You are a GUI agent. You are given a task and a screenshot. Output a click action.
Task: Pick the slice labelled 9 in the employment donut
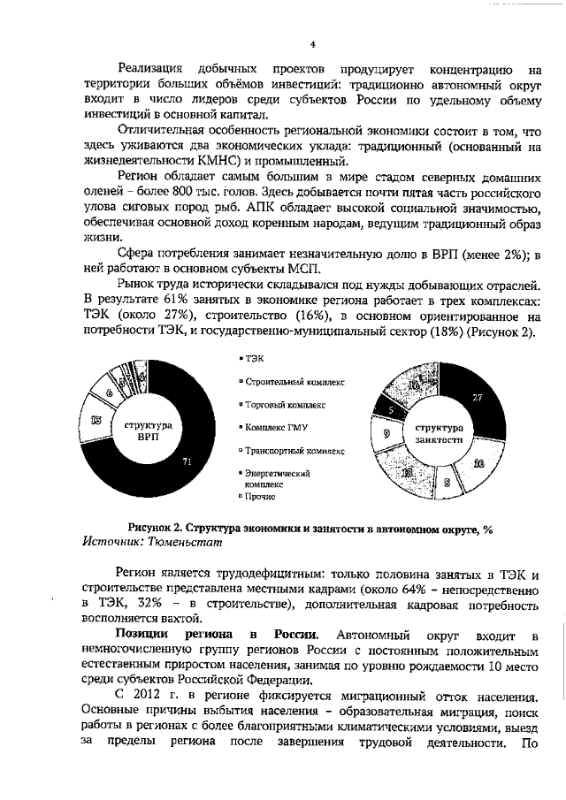point(386,433)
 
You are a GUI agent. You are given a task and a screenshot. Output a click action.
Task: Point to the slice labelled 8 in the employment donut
point(447,482)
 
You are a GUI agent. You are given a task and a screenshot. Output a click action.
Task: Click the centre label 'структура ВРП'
point(147,430)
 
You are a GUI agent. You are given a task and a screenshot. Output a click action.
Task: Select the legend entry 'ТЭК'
point(253,358)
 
